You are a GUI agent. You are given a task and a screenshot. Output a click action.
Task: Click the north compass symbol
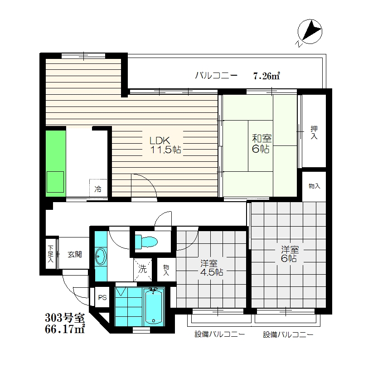pyautogui.click(x=310, y=32)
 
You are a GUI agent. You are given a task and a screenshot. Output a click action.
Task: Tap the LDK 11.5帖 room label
pyautogui.click(x=165, y=145)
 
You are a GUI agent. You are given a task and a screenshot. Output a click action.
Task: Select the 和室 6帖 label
pyautogui.click(x=261, y=143)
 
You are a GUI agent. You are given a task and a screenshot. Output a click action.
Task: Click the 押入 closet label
pyautogui.click(x=314, y=132)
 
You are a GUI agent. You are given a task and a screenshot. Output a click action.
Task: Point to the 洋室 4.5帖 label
pyautogui.click(x=212, y=268)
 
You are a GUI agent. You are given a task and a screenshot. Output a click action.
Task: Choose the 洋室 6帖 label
pyautogui.click(x=290, y=254)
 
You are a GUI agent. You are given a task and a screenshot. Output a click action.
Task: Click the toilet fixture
pyautogui.click(x=146, y=242)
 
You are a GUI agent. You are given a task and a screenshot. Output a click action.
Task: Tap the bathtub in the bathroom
pyautogui.click(x=154, y=306)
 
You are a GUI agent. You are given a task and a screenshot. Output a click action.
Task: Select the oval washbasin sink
pyautogui.click(x=101, y=257)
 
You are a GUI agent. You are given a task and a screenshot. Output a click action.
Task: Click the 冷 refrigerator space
pyautogui.click(x=98, y=188)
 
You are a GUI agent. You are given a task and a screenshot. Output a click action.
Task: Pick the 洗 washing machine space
pyautogui.click(x=142, y=269)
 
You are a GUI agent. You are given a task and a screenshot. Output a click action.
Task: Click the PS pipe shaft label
pyautogui.click(x=102, y=298)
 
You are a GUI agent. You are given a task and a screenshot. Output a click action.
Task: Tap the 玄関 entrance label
pyautogui.click(x=75, y=254)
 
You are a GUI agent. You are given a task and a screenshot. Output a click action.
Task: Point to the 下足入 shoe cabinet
pyautogui.click(x=51, y=254)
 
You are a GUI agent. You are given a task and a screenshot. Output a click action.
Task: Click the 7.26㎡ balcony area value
pyautogui.click(x=266, y=76)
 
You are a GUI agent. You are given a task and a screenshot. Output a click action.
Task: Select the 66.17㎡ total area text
pyautogui.click(x=65, y=329)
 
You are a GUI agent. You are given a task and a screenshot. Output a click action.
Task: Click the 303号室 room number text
pyautogui.click(x=65, y=318)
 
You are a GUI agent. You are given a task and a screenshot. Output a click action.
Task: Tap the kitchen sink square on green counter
pyautogui.click(x=55, y=182)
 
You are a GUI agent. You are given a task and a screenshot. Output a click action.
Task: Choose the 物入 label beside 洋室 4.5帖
pyautogui.click(x=166, y=270)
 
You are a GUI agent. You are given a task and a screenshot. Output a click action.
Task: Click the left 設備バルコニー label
pyautogui.click(x=220, y=334)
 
